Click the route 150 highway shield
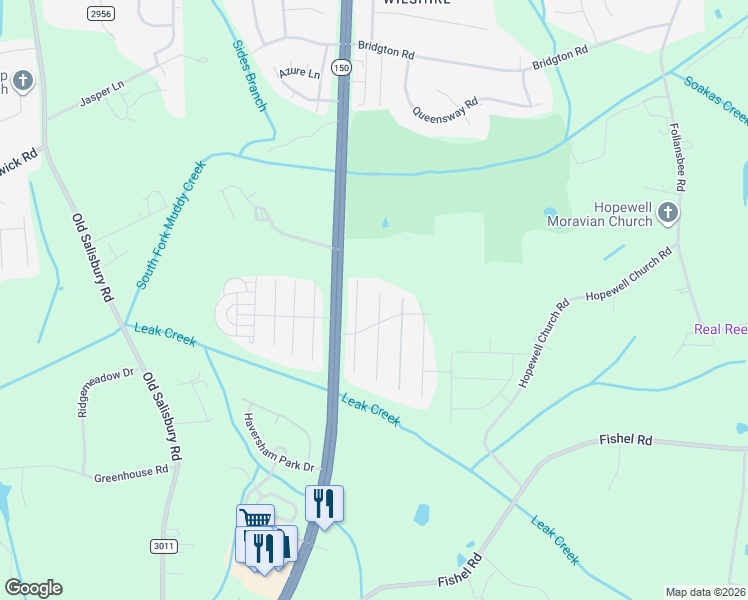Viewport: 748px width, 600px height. [x=343, y=67]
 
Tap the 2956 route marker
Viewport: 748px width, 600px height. [x=100, y=12]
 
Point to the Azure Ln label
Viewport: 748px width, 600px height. [x=299, y=73]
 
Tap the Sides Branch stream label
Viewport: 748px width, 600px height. [x=251, y=75]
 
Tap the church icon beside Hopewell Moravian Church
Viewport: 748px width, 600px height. [x=668, y=213]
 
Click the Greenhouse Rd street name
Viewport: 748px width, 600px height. [x=131, y=473]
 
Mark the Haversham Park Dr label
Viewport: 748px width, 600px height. [x=279, y=443]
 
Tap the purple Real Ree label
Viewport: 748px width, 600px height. [x=721, y=329]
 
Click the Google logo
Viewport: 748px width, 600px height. [x=33, y=588]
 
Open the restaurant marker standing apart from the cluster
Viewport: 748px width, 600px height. [x=324, y=502]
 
